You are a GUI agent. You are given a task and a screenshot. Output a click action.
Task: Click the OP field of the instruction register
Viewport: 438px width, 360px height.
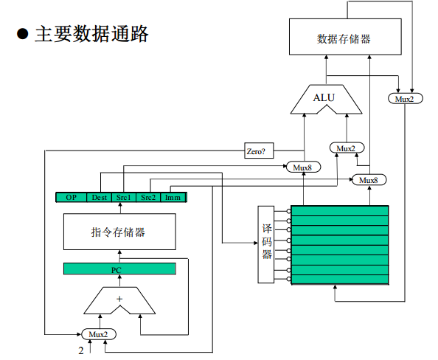click(72, 197)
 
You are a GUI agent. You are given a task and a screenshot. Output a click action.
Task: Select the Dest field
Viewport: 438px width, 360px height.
click(99, 197)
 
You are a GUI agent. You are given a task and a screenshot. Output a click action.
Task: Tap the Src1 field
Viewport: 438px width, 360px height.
click(124, 197)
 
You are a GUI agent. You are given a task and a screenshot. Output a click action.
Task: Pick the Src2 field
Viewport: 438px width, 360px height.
click(148, 197)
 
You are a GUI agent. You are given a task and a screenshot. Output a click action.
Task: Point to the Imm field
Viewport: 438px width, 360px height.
click(173, 197)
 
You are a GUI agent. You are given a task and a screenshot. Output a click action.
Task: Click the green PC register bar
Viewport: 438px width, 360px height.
click(119, 269)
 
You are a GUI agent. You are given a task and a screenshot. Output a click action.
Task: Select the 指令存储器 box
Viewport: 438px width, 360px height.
click(119, 232)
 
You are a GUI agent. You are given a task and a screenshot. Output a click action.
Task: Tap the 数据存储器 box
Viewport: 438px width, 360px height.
click(345, 37)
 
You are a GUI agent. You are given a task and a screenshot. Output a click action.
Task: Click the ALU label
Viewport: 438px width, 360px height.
click(324, 98)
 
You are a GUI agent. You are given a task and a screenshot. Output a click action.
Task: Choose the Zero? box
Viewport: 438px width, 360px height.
click(259, 150)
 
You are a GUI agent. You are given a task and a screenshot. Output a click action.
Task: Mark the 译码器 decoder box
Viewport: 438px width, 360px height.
click(266, 245)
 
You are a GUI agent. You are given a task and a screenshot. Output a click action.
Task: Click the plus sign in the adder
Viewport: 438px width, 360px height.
click(119, 299)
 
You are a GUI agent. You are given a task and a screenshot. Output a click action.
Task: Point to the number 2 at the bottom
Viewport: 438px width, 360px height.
click(81, 350)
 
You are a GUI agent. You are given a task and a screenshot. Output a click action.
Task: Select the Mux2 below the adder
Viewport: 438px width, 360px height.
click(98, 334)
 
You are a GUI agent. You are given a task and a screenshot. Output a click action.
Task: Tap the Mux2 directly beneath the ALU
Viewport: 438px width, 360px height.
click(347, 148)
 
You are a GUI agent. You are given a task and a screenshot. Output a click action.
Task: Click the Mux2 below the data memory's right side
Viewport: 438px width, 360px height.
click(406, 98)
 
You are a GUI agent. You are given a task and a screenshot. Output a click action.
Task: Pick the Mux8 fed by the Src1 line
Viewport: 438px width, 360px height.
click(304, 167)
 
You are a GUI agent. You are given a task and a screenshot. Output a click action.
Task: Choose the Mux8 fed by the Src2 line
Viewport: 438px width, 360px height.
click(369, 180)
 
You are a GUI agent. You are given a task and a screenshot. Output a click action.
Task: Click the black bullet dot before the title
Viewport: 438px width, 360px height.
click(22, 34)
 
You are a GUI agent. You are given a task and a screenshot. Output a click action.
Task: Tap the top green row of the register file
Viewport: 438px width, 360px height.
click(340, 211)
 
